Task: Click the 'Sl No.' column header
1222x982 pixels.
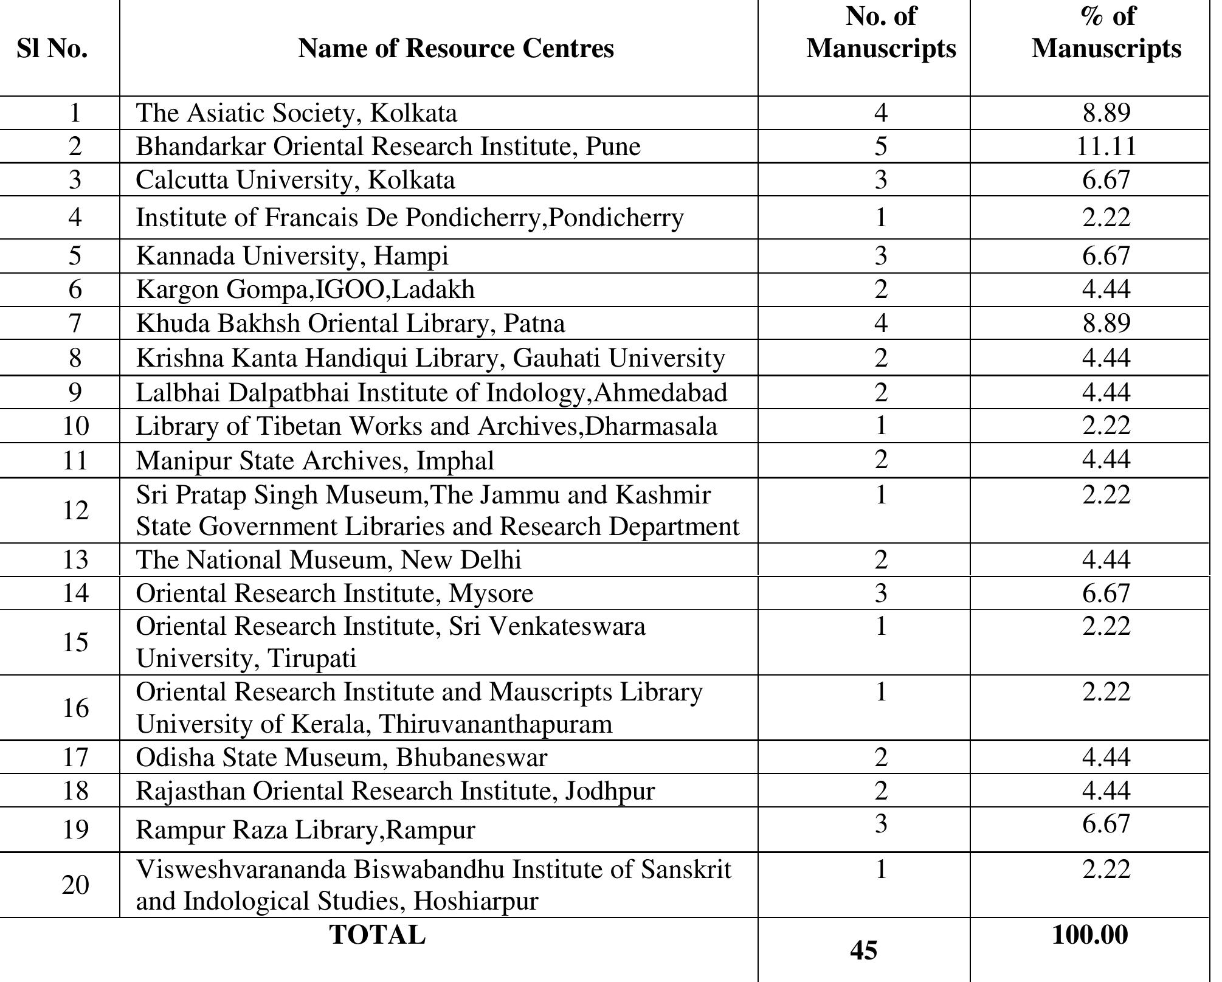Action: coord(52,49)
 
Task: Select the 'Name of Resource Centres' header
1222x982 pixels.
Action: coord(455,49)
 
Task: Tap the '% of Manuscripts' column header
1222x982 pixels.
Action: coord(1106,33)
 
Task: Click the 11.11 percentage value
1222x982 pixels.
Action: coord(1106,147)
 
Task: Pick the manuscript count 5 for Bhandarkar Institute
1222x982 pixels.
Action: coord(880,147)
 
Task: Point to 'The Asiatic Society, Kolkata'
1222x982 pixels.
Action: coord(296,113)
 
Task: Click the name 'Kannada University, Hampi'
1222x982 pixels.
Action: coord(292,255)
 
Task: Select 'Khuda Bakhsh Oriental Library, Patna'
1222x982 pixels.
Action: coord(350,323)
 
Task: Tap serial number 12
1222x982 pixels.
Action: coord(75,510)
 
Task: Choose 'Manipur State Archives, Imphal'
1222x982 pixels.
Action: coord(315,460)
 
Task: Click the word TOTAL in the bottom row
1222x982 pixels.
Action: coord(377,935)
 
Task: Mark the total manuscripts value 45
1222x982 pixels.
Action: coord(864,950)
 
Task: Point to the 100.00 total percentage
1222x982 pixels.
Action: coord(1089,935)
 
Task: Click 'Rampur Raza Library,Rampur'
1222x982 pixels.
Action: coord(305,830)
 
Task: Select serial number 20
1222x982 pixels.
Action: coord(75,885)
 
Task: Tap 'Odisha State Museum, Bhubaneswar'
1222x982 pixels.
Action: coord(341,758)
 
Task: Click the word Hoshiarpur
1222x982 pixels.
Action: coord(475,901)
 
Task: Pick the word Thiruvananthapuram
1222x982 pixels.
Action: coord(495,724)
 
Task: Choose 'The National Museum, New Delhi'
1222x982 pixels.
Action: coord(328,560)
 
